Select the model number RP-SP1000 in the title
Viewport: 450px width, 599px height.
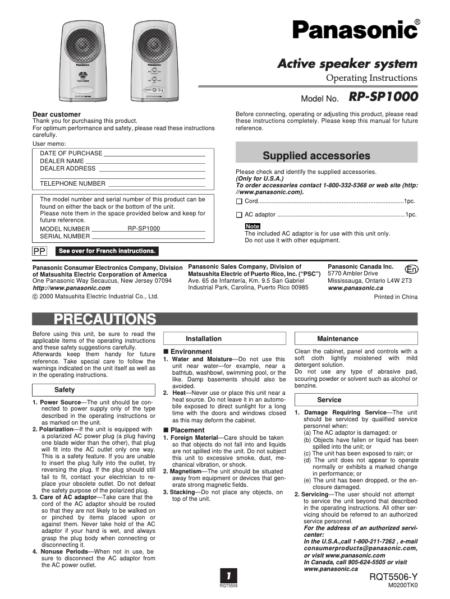(383, 97)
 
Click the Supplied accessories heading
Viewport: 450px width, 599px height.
(316, 156)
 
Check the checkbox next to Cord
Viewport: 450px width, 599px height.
(239, 201)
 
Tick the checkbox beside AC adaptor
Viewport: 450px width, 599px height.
(239, 215)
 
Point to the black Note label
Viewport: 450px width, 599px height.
(252, 226)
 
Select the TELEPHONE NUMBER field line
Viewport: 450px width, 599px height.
(156, 185)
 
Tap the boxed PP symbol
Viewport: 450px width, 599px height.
(39, 251)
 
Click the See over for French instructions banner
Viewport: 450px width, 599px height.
(107, 251)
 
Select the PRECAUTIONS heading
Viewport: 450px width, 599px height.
(104, 320)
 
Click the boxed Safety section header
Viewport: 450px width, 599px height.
(65, 390)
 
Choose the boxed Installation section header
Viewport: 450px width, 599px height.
(204, 339)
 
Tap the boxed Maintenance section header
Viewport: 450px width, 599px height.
(338, 339)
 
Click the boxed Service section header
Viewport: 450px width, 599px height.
(329, 400)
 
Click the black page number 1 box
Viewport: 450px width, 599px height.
(228, 576)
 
